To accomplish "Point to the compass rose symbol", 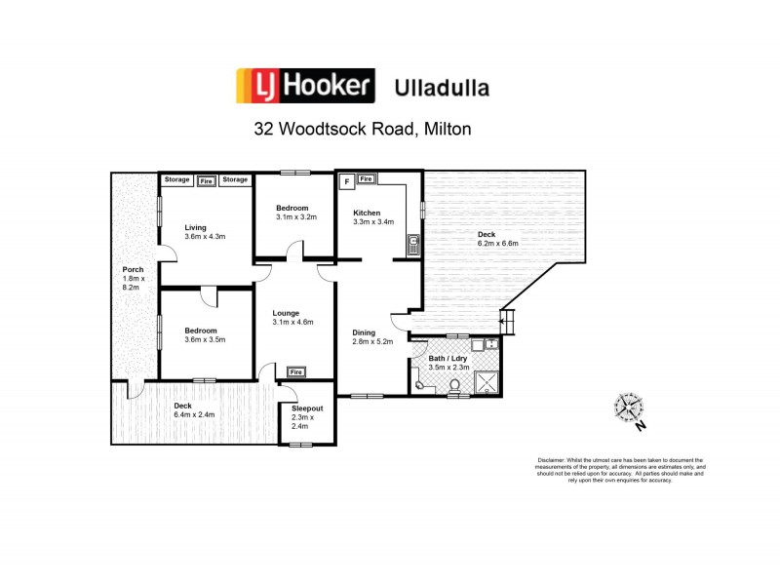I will pyautogui.click(x=628, y=407).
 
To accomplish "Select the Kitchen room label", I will pyautogui.click(x=367, y=213).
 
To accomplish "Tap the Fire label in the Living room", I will pyautogui.click(x=206, y=180).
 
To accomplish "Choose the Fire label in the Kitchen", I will pyautogui.click(x=366, y=179).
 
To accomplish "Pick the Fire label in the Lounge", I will pyautogui.click(x=295, y=371).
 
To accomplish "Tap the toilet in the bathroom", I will pyautogui.click(x=453, y=386).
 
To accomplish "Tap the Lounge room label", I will pyautogui.click(x=286, y=312).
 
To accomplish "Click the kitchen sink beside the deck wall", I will pyautogui.click(x=413, y=244).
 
